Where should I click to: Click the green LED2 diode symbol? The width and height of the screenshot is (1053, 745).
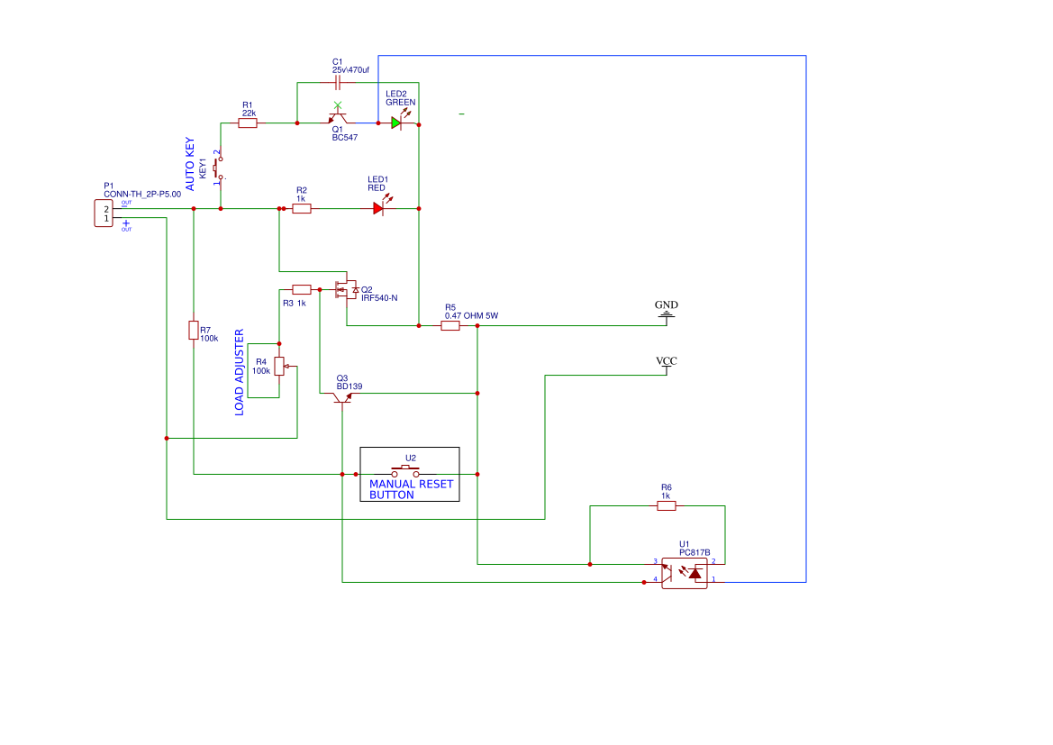tap(396, 123)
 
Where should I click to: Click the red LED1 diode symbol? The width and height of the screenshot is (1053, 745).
tap(378, 208)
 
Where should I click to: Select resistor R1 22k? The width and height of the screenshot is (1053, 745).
tap(248, 123)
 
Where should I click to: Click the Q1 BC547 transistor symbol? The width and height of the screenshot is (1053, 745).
tap(338, 119)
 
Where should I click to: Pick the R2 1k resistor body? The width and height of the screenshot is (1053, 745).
tap(302, 208)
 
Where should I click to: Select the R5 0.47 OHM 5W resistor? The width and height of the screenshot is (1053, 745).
tap(450, 325)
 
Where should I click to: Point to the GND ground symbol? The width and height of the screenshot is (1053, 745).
tap(666, 312)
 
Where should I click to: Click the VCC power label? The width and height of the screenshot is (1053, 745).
tap(666, 362)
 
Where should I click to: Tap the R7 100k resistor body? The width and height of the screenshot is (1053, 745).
tap(193, 330)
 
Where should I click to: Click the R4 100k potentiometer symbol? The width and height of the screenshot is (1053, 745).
tap(279, 366)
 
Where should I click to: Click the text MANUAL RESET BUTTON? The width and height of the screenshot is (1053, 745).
tap(411, 489)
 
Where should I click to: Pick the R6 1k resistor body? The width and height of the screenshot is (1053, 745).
tap(666, 505)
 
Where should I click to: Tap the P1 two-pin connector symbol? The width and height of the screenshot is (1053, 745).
tap(104, 214)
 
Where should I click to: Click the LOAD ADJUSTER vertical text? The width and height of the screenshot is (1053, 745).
tap(240, 372)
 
